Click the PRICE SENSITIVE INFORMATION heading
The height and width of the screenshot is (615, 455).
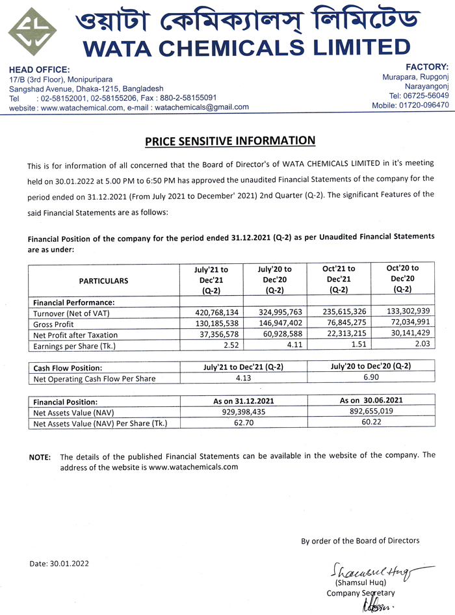click(229, 141)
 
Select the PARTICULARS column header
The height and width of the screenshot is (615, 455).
click(103, 281)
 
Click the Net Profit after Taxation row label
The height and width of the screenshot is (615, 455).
click(75, 334)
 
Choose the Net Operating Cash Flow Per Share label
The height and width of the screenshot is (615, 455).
click(94, 378)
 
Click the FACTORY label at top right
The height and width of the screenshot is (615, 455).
click(426, 67)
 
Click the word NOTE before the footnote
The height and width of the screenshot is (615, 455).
click(40, 457)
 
